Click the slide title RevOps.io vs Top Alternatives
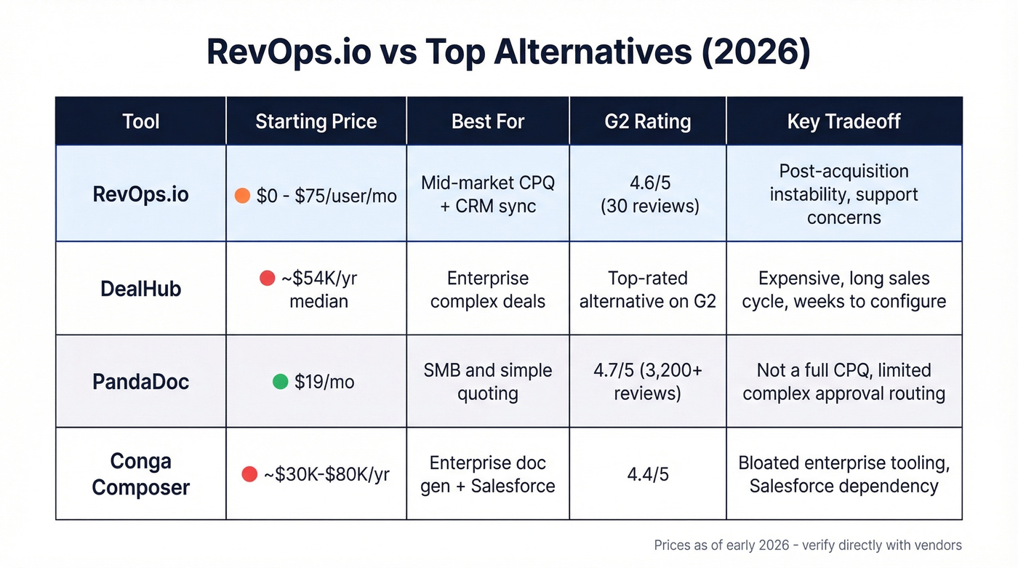[508, 53]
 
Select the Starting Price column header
[316, 121]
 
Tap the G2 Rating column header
[647, 121]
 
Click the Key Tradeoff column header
[843, 121]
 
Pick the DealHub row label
[140, 289]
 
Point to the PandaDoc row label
[140, 382]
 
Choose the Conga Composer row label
[140, 474]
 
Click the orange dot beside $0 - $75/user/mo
[243, 196]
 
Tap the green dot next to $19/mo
[280, 382]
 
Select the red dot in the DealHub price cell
[267, 278]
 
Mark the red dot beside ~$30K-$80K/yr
[249, 475]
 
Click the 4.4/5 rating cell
[647, 475]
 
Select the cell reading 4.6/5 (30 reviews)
[647, 195]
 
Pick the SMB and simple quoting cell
[487, 382]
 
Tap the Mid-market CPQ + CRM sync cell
[487, 194]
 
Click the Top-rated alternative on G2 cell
[647, 289]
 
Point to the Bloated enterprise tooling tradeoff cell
[843, 474]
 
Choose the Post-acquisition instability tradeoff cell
[843, 194]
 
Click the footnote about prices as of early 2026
[807, 545]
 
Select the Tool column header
[140, 121]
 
